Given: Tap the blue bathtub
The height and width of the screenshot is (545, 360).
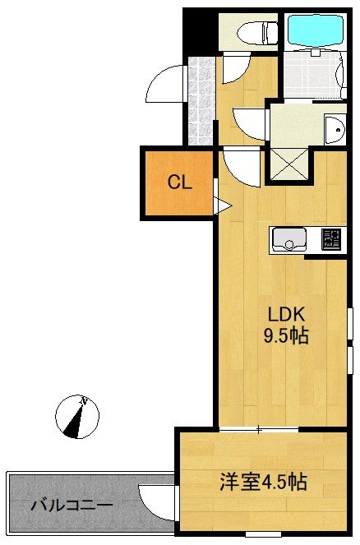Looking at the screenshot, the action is click(316, 30).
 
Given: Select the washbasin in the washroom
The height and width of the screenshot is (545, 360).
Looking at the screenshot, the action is click(335, 129).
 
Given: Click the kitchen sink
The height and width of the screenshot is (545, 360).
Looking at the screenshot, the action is click(288, 238).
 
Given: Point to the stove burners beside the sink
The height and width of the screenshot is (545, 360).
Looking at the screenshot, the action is click(331, 238).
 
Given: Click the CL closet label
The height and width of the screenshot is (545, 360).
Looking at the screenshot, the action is click(180, 182).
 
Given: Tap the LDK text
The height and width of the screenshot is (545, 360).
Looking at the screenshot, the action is click(286, 315).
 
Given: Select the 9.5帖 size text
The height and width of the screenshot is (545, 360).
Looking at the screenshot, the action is click(286, 335).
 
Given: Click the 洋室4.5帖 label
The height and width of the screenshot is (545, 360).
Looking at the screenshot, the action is click(263, 482).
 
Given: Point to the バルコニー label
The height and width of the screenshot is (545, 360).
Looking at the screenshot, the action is click(72, 505).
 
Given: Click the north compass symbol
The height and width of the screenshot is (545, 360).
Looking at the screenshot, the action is click(77, 417).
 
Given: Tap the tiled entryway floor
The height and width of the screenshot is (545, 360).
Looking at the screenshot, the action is click(201, 101).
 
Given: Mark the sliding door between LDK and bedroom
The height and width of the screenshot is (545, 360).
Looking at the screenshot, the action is click(259, 430).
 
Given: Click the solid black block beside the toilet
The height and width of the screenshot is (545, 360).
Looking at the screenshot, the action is click(201, 32).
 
